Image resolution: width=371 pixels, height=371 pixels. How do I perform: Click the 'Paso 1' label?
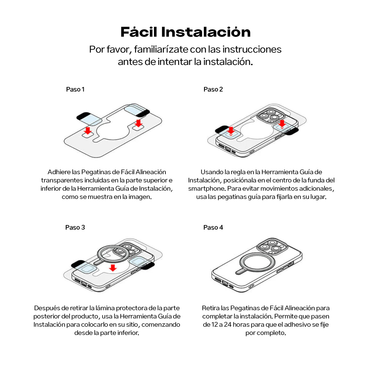pyautogui.click(x=75, y=89)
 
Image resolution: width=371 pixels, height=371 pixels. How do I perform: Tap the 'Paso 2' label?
pyautogui.click(x=213, y=89)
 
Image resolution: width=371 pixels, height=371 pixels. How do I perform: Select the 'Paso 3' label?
pyautogui.click(x=75, y=227)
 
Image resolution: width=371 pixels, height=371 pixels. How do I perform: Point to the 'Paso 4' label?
pyautogui.click(x=213, y=227)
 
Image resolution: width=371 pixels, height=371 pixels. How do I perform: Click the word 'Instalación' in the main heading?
pyautogui.click(x=206, y=32)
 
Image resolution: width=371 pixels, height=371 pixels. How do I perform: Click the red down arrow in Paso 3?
pyautogui.click(x=113, y=268)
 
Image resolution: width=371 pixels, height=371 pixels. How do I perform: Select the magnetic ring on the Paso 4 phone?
pyautogui.click(x=255, y=262)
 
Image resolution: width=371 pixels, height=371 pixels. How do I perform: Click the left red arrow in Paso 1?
pyautogui.click(x=88, y=130)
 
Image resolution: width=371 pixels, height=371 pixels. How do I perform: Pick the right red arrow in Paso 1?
pyautogui.click(x=138, y=123)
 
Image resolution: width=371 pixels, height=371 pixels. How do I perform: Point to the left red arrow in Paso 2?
pyautogui.click(x=231, y=130)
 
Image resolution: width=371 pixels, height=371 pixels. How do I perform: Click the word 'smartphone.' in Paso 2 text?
pyautogui.click(x=207, y=188)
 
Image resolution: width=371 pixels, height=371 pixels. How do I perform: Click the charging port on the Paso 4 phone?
pyautogui.click(x=225, y=283)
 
